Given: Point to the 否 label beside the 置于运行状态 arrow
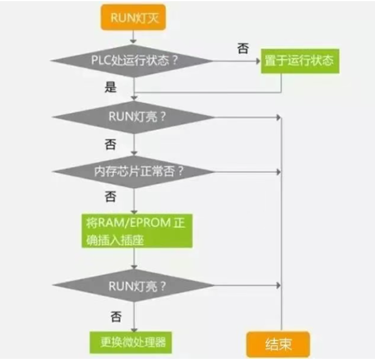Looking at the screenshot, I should pyautogui.click(x=243, y=48).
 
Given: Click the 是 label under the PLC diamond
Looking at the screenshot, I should pyautogui.click(x=111, y=87).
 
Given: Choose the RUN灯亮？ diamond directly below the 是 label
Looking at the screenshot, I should pyautogui.click(x=134, y=117).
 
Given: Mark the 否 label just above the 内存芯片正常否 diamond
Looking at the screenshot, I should pyautogui.click(x=111, y=144).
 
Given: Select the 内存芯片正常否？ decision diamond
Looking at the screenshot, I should pyautogui.click(x=134, y=171).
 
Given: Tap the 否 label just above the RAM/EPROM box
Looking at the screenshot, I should pyautogui.click(x=111, y=197).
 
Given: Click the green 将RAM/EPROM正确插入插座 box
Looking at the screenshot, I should pyautogui.click(x=136, y=230).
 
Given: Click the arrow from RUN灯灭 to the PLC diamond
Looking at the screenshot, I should pyautogui.click(x=134, y=36).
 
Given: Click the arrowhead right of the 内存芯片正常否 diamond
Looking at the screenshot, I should pyautogui.click(x=280, y=171).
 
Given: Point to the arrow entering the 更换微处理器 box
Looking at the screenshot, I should pyautogui.click(x=134, y=326).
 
